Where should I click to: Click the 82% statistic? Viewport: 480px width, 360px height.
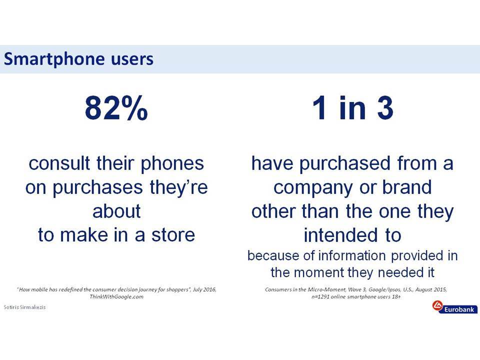pyautogui.click(x=116, y=108)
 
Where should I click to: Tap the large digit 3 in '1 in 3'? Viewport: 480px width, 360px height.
pyautogui.click(x=385, y=108)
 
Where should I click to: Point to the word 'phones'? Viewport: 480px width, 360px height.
pyautogui.click(x=172, y=164)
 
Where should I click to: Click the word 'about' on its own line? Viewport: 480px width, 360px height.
pyautogui.click(x=116, y=211)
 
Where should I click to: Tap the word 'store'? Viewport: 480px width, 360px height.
pyautogui.click(x=173, y=235)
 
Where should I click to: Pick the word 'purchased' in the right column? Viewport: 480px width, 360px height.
pyautogui.click(x=344, y=164)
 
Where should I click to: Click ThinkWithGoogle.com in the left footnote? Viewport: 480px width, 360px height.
pyautogui.click(x=116, y=296)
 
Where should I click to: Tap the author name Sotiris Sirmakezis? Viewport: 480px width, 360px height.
pyautogui.click(x=24, y=307)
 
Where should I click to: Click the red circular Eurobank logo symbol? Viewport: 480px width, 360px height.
pyautogui.click(x=438, y=306)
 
